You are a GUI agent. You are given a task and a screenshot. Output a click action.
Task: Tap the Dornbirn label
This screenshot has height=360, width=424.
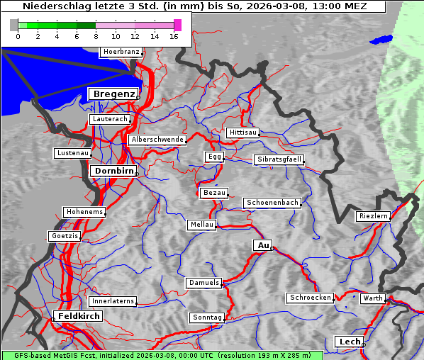pos(113,171)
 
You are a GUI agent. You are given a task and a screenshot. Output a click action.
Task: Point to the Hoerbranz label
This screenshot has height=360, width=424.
pos(121,52)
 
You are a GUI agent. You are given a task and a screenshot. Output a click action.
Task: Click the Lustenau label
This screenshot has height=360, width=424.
pos(72,153)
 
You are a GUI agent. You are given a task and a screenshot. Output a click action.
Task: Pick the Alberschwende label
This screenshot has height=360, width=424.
pos(157,140)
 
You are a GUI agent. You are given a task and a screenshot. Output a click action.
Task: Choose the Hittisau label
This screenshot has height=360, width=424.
pos(243,133)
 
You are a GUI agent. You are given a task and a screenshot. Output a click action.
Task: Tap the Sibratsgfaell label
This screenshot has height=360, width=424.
pos(279,159)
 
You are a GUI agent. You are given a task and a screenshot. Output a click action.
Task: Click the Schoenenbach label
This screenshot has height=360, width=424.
pos(272,203)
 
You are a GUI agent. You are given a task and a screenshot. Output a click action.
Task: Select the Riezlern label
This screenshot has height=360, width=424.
pos(373,216)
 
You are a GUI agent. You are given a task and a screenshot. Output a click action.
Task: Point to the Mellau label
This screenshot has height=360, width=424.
pos(201,225)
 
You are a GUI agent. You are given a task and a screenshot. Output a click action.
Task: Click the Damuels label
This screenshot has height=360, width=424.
pos(204,283)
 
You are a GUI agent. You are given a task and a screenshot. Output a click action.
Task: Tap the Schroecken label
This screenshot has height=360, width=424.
pos(310,298)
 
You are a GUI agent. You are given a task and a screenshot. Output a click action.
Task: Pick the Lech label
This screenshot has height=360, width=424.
pos(350,342)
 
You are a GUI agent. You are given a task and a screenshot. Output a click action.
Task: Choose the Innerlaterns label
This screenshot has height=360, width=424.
pos(113,301)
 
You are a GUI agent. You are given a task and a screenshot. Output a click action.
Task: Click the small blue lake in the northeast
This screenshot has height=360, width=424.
pos(381,39)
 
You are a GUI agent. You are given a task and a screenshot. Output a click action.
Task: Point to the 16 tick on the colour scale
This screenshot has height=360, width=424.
pos(174,36)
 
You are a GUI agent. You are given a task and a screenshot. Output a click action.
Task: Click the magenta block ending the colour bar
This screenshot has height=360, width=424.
pos(177,25)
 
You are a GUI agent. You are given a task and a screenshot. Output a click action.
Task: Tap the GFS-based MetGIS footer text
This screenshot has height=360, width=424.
pos(162,355)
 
